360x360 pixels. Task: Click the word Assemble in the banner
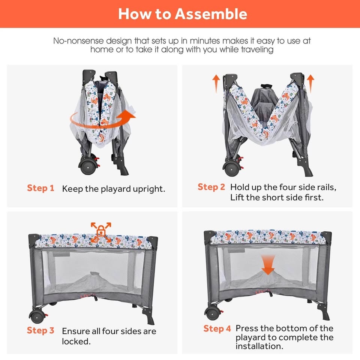[x=211, y=14]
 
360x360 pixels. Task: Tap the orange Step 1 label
[x=40, y=188]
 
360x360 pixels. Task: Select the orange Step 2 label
[x=211, y=187]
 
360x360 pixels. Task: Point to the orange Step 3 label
[x=40, y=330]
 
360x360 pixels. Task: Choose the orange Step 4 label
[x=217, y=328]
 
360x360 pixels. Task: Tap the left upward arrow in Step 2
[x=216, y=84]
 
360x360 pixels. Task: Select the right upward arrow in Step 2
[x=310, y=84]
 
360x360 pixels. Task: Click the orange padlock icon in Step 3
[x=101, y=231]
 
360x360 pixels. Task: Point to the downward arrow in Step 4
[x=268, y=265]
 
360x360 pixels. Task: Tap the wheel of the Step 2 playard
[x=232, y=169]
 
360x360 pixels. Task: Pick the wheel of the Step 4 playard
[x=213, y=313]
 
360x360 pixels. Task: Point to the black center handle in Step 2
[x=266, y=86]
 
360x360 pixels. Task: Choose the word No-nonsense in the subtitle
[x=78, y=41]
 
